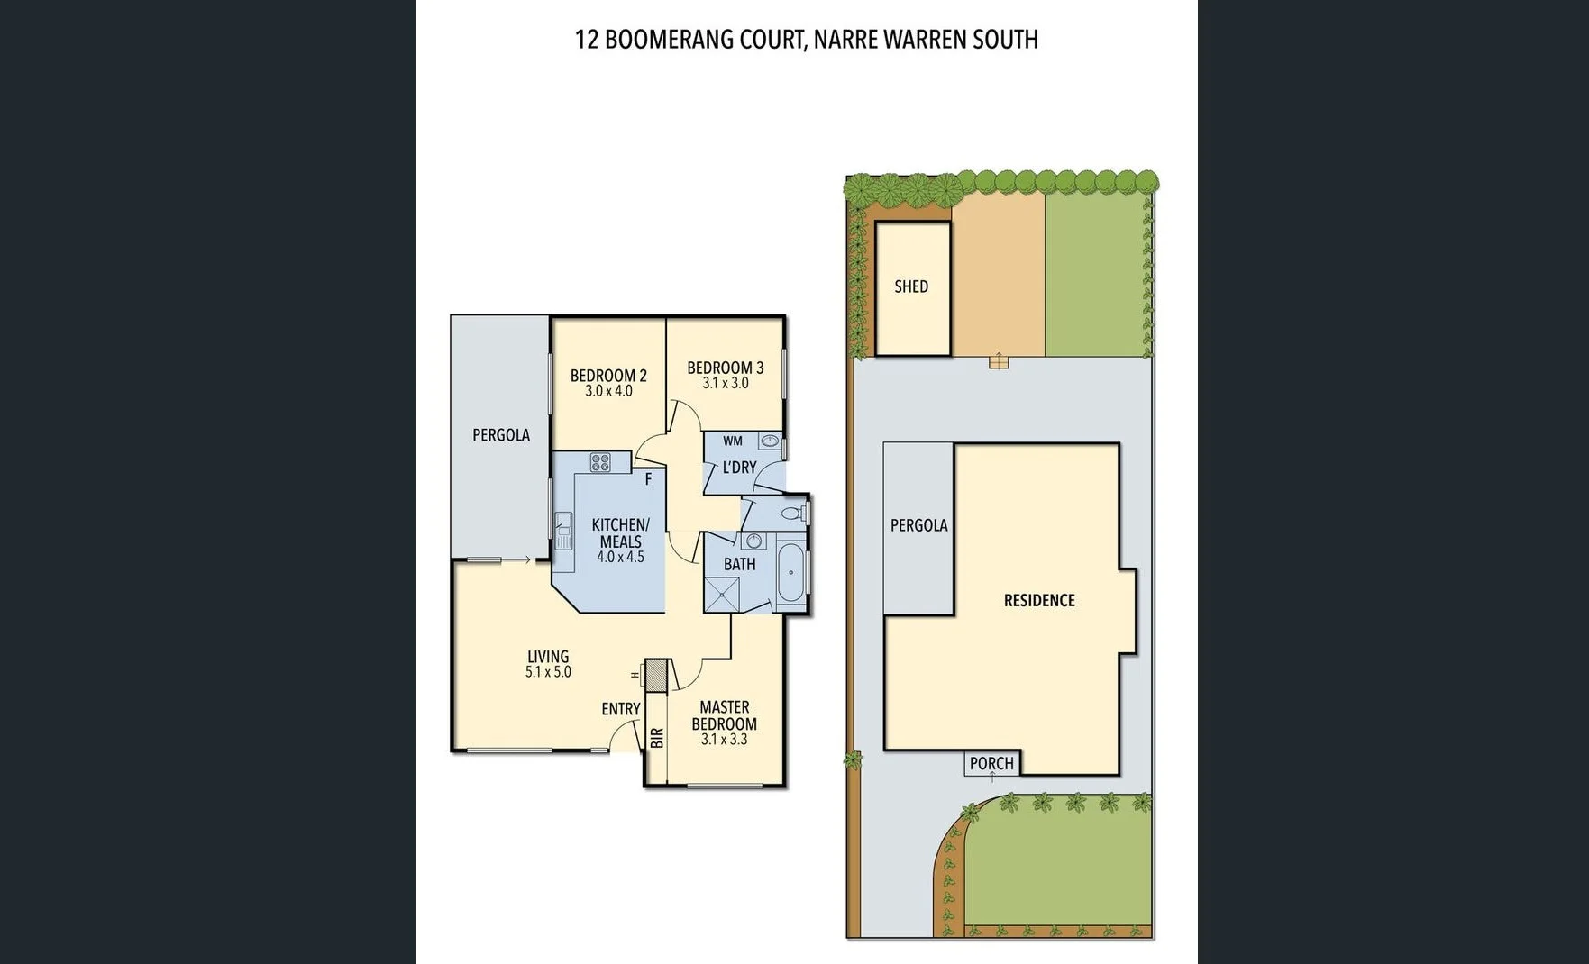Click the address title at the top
pos(806,40)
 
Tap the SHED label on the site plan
pos(910,286)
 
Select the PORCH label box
pos(991,763)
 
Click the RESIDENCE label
pos(1039,600)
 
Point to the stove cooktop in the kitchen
pos(600,463)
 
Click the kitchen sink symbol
pos(563,531)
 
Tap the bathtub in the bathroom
pos(790,573)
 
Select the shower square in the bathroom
pos(721,596)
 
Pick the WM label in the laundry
pos(733,441)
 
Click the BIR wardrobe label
pos(657,738)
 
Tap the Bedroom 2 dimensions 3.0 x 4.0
pos(608,391)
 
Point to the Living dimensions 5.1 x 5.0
pos(548,672)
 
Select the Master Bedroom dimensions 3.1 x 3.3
pos(724,740)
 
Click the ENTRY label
pos(621,709)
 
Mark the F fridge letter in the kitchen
pos(648,480)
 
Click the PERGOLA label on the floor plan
pos(501,435)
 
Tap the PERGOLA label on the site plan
pos(918,525)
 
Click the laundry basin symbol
pos(770,441)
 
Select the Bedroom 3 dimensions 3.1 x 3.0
pos(725,383)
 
